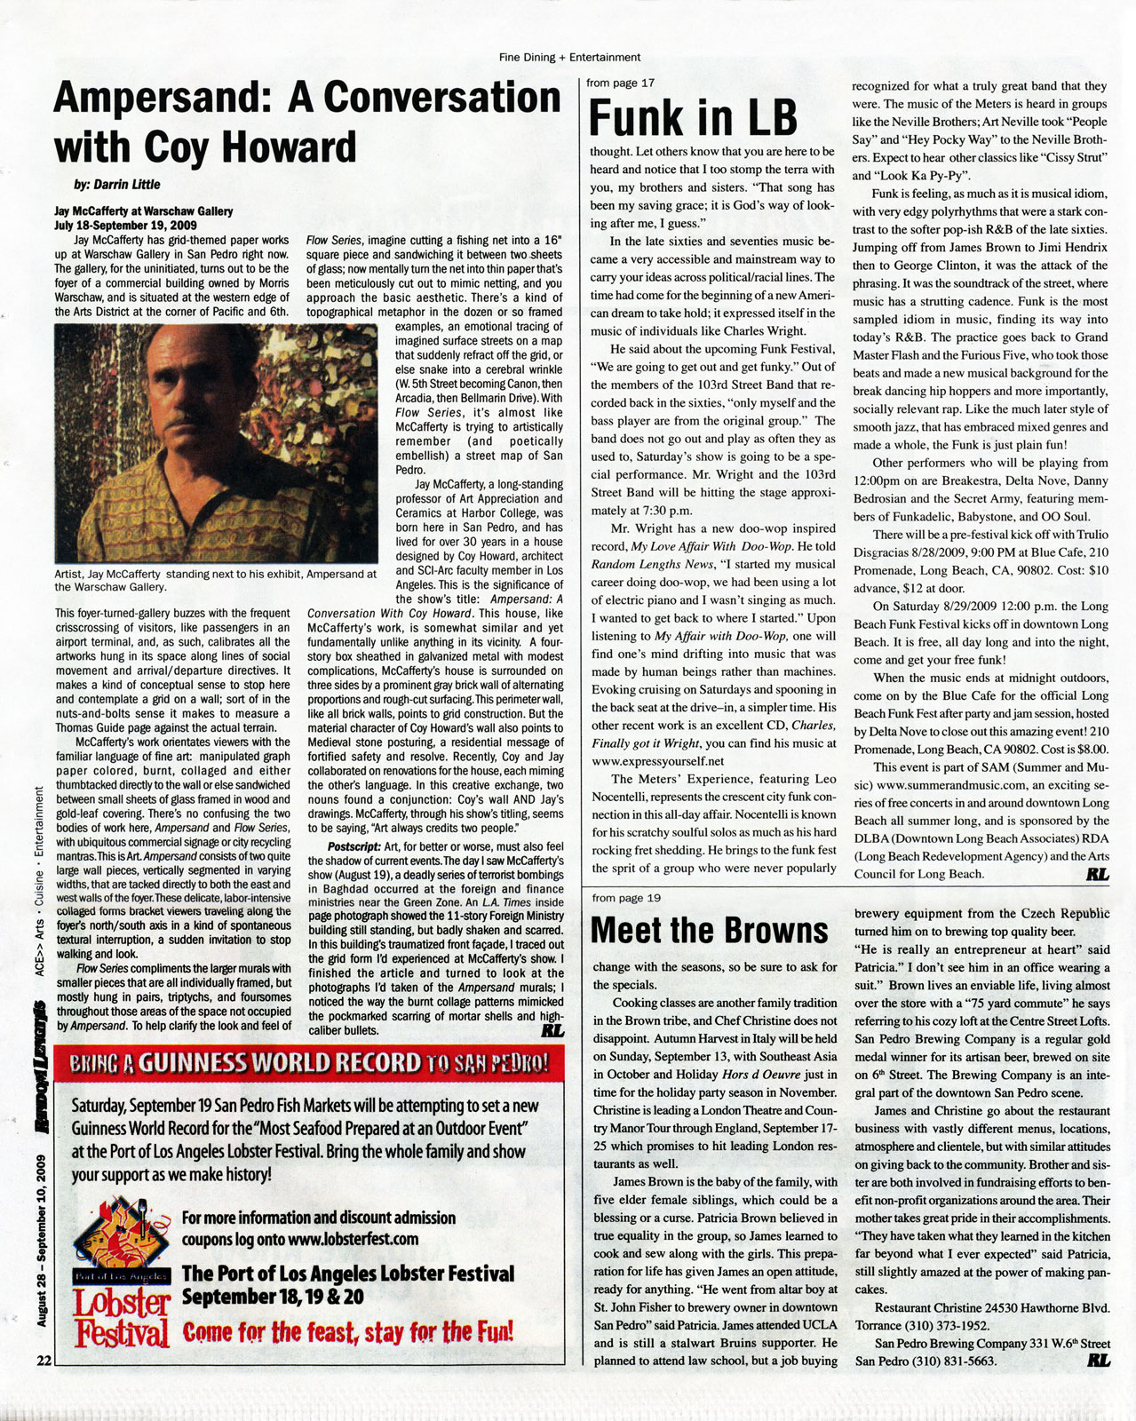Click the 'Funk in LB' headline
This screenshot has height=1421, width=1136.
tap(693, 119)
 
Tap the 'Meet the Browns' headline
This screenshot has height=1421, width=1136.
tap(709, 930)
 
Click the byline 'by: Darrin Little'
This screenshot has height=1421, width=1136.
tap(117, 185)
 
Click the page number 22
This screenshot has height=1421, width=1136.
tap(44, 1360)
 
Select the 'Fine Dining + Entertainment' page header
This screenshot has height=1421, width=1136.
tap(569, 57)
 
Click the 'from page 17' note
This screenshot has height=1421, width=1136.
tap(621, 83)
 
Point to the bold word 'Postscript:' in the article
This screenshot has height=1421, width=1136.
tap(354, 846)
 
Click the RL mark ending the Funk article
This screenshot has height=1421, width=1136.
tap(1097, 874)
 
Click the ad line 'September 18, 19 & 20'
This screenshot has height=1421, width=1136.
tap(273, 1297)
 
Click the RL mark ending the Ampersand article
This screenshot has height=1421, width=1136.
tap(552, 1031)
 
